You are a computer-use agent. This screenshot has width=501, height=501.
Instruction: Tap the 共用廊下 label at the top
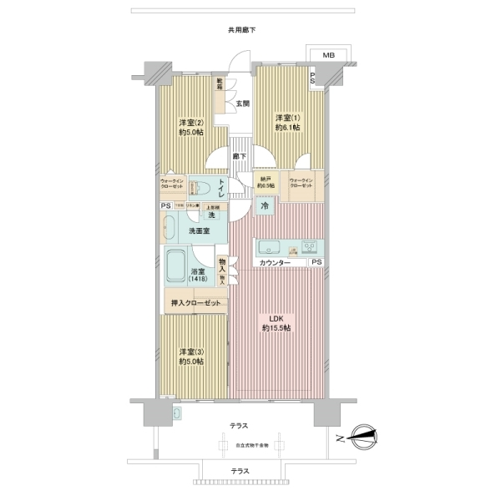click(x=241, y=30)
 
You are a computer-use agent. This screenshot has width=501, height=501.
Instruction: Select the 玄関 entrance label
click(x=241, y=104)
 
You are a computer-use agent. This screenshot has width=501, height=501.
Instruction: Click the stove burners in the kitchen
click(x=308, y=247)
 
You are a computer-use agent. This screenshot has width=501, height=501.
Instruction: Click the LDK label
click(x=276, y=319)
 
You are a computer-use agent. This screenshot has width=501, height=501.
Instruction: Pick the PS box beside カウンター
click(x=316, y=263)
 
